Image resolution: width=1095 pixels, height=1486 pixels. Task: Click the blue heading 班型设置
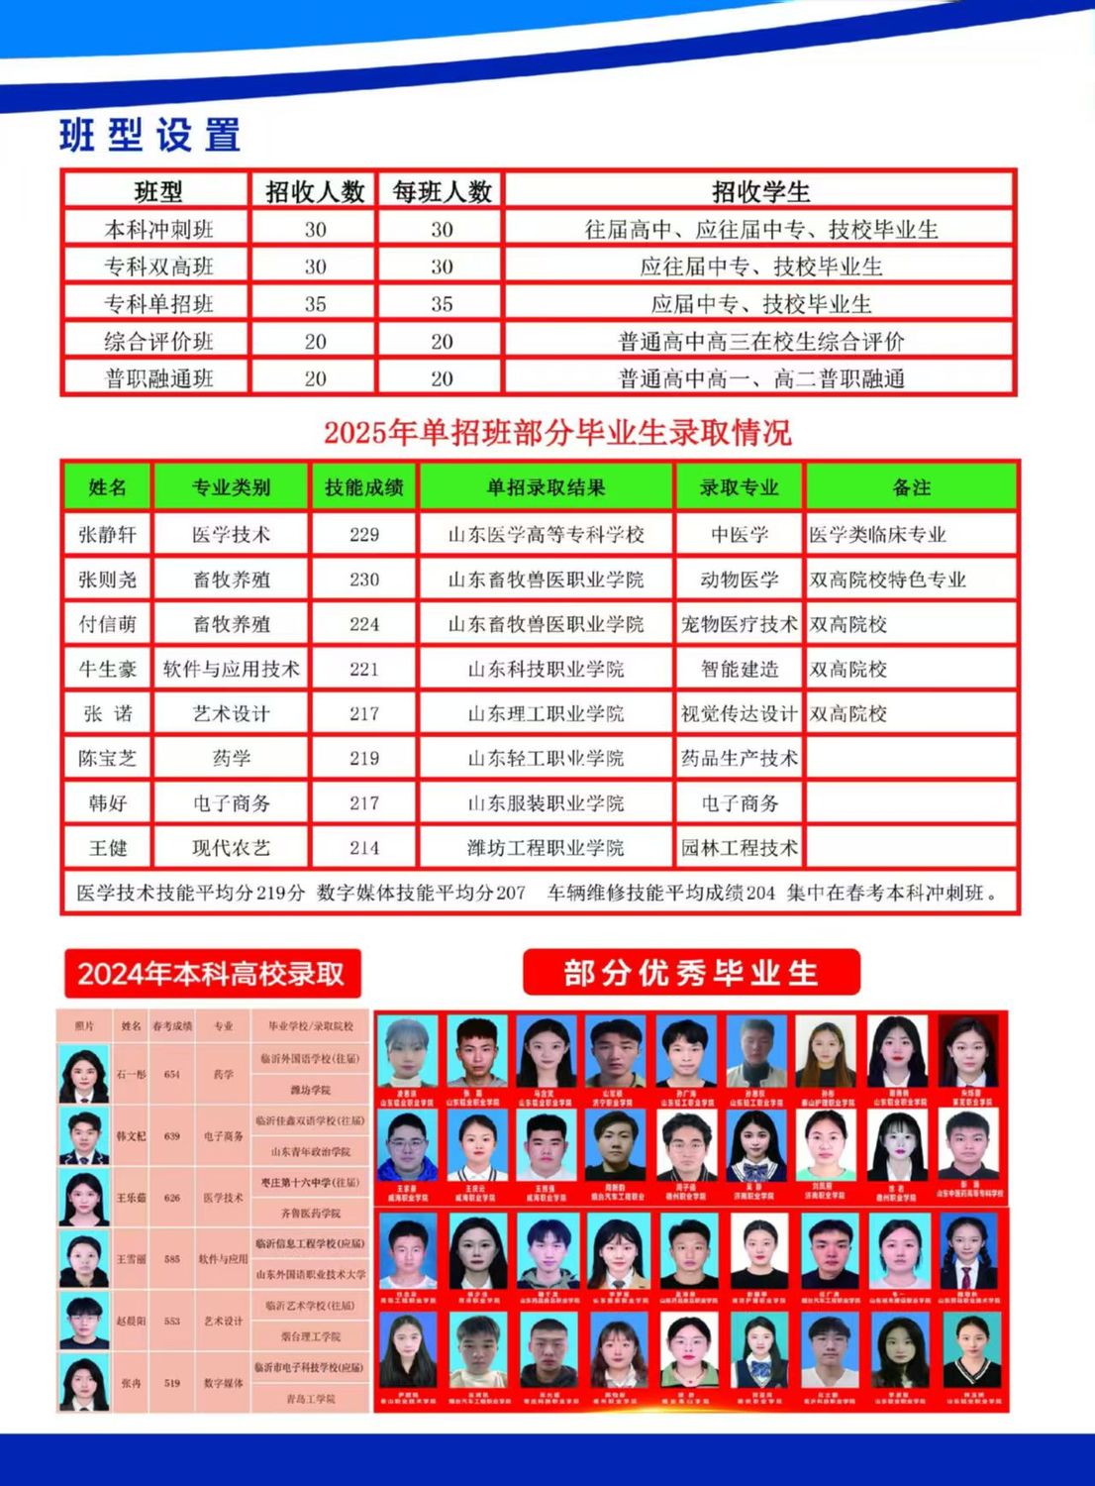(149, 135)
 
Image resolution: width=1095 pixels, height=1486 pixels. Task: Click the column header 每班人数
(442, 191)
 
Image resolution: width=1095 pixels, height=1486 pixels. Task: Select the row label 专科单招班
(158, 304)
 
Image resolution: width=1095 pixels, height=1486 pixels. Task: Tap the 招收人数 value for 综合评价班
(315, 342)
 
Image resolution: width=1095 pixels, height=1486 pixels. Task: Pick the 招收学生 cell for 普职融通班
(760, 378)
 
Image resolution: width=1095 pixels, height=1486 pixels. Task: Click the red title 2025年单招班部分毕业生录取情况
(557, 433)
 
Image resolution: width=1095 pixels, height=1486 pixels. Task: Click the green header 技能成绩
(363, 487)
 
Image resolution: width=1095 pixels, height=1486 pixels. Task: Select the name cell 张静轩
(107, 535)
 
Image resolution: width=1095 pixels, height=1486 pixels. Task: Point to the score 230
(363, 580)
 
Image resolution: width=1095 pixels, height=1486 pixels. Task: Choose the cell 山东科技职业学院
(546, 670)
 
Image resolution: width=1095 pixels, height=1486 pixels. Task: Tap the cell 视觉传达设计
(739, 714)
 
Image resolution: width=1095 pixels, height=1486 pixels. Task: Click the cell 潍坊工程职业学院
(546, 848)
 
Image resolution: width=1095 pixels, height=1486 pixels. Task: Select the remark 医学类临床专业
(877, 535)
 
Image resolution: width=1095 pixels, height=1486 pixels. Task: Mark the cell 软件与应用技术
(231, 670)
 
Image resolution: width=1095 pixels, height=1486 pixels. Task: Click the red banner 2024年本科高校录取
(211, 974)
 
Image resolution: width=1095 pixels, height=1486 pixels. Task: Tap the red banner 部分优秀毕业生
(691, 973)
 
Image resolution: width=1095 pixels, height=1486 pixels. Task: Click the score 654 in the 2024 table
(172, 1074)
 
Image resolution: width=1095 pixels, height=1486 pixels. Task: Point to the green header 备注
(911, 487)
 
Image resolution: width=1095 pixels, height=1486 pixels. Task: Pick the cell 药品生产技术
(739, 759)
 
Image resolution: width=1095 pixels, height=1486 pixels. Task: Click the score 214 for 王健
(363, 848)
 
